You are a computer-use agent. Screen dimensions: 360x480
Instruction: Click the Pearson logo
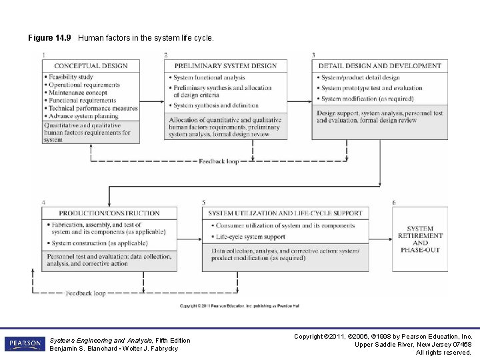point(25,344)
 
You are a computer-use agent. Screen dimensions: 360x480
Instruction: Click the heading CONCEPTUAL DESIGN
point(91,66)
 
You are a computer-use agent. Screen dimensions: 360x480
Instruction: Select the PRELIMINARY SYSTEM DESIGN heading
point(225,66)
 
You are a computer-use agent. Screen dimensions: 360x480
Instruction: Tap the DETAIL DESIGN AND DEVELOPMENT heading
point(379,66)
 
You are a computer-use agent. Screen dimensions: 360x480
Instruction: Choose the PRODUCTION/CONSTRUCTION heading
point(109,213)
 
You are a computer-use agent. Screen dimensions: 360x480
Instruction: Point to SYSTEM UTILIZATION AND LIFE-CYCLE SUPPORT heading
point(285,213)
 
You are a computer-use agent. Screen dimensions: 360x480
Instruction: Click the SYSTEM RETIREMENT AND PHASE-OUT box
point(419,239)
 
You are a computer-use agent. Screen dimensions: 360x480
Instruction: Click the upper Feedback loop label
point(218,161)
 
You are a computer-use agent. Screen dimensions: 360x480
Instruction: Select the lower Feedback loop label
point(85,293)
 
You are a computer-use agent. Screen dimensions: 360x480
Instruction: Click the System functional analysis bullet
point(209,78)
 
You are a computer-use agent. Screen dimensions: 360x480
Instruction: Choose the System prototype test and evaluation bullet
point(371,88)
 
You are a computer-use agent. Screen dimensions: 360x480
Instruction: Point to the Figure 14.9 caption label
point(50,38)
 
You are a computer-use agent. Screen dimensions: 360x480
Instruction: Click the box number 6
point(394,202)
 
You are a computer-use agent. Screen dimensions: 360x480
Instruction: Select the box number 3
point(313,55)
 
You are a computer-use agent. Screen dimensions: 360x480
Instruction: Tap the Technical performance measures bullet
point(93,108)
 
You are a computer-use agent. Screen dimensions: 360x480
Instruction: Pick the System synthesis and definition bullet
point(215,105)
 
